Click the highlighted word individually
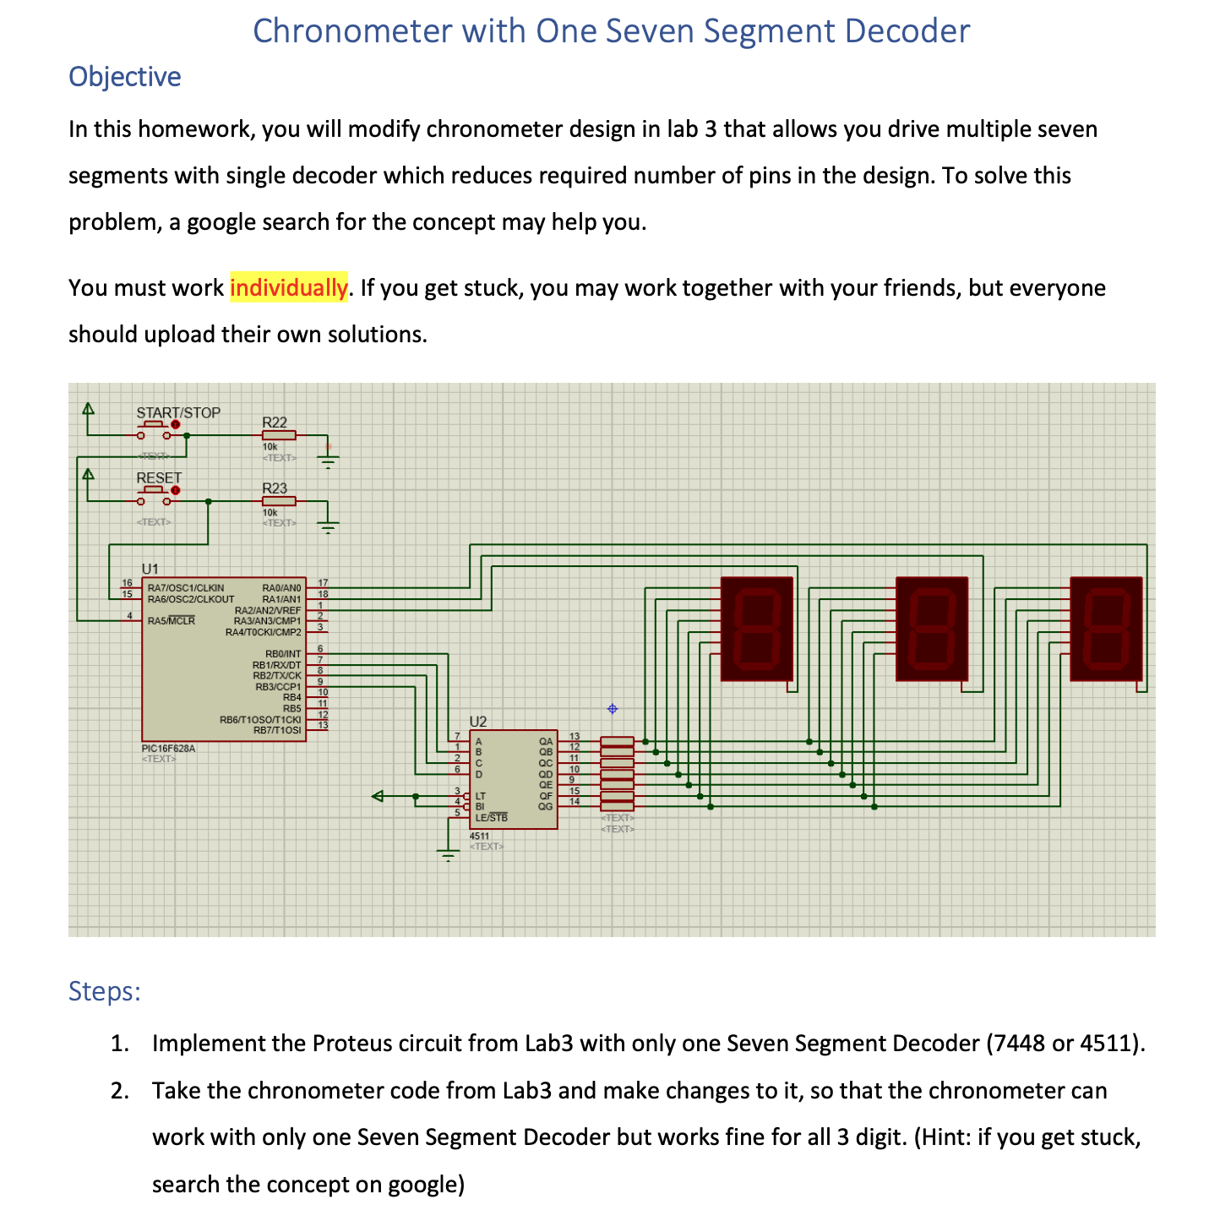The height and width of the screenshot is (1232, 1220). click(x=288, y=288)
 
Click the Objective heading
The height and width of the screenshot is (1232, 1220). click(x=124, y=77)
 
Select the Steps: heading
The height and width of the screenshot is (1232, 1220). click(x=104, y=990)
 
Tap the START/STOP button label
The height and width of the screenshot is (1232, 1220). click(x=178, y=412)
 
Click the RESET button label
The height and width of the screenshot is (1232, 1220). click(x=159, y=478)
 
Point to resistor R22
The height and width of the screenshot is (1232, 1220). click(x=278, y=434)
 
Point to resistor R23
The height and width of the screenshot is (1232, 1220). click(x=278, y=500)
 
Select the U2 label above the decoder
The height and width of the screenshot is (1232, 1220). click(x=478, y=721)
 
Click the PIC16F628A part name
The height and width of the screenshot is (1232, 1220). click(x=169, y=748)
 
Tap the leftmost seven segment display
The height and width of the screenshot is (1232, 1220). click(x=756, y=629)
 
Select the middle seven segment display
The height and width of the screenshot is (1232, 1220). click(x=931, y=629)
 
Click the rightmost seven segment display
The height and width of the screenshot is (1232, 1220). click(x=1106, y=629)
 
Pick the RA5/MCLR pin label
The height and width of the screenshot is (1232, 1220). click(x=171, y=620)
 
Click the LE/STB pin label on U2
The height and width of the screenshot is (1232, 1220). click(x=491, y=817)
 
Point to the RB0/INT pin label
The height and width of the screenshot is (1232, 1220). click(x=283, y=654)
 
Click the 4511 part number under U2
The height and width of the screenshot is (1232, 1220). click(x=480, y=836)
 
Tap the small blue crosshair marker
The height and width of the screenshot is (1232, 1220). click(x=613, y=708)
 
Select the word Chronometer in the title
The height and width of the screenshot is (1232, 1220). click(x=352, y=31)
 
